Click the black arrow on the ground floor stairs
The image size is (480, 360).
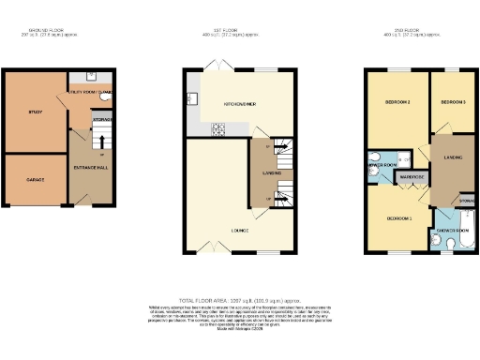(x=102, y=142)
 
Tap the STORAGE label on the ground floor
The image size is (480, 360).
(x=103, y=120)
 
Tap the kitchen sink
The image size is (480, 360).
(x=191, y=97)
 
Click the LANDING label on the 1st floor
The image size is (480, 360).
(x=271, y=172)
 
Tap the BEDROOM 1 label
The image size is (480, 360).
(x=399, y=218)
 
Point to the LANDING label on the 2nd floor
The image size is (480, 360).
(x=452, y=157)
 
